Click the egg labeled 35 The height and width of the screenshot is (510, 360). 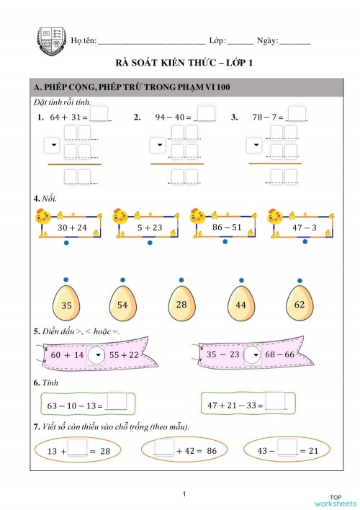click(x=67, y=305)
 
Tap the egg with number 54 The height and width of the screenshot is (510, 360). click(x=123, y=305)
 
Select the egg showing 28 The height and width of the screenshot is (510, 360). click(x=181, y=305)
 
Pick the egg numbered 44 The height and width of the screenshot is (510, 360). click(x=241, y=305)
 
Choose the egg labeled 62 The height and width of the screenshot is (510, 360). click(x=300, y=305)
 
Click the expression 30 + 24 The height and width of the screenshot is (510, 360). click(x=72, y=227)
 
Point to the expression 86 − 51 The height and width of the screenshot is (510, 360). click(x=227, y=227)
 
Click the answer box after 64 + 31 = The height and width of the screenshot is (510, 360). click(x=101, y=115)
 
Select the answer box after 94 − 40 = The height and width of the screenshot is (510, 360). click(x=205, y=115)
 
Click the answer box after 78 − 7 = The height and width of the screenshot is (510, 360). click(x=297, y=115)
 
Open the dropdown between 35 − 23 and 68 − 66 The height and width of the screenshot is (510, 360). click(x=252, y=354)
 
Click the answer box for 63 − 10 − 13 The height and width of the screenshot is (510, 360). click(x=116, y=403)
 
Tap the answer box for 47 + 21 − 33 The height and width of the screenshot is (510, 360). click(x=276, y=403)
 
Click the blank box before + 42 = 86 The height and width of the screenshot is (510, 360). click(x=164, y=449)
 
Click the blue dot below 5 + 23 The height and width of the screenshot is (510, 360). click(x=150, y=243)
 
